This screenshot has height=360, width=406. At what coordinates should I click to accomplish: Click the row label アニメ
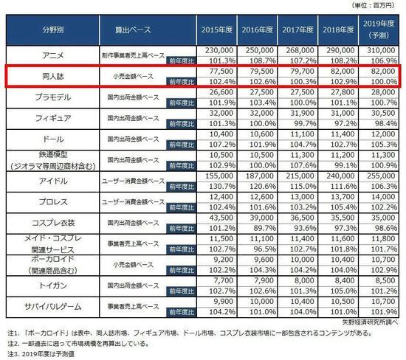51,55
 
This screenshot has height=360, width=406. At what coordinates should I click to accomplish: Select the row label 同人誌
51,76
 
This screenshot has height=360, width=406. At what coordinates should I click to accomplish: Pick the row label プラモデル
51,97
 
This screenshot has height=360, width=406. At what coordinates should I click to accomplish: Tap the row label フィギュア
51,118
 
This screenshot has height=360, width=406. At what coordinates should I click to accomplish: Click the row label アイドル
51,181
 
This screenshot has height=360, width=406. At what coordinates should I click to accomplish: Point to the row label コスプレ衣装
51,222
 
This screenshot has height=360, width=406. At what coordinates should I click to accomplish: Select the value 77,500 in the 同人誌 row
215,71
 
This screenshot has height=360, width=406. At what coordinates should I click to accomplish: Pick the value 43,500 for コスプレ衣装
215,218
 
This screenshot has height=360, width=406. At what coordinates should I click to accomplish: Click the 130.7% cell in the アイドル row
215,186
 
